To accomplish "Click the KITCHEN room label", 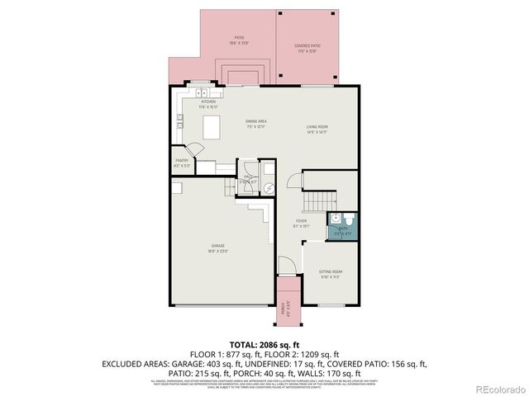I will point(207,103).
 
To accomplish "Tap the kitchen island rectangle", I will point(213,129).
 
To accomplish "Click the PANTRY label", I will point(182,163).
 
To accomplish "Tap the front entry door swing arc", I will point(284,266).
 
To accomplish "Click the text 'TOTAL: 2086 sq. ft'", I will point(264,343).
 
